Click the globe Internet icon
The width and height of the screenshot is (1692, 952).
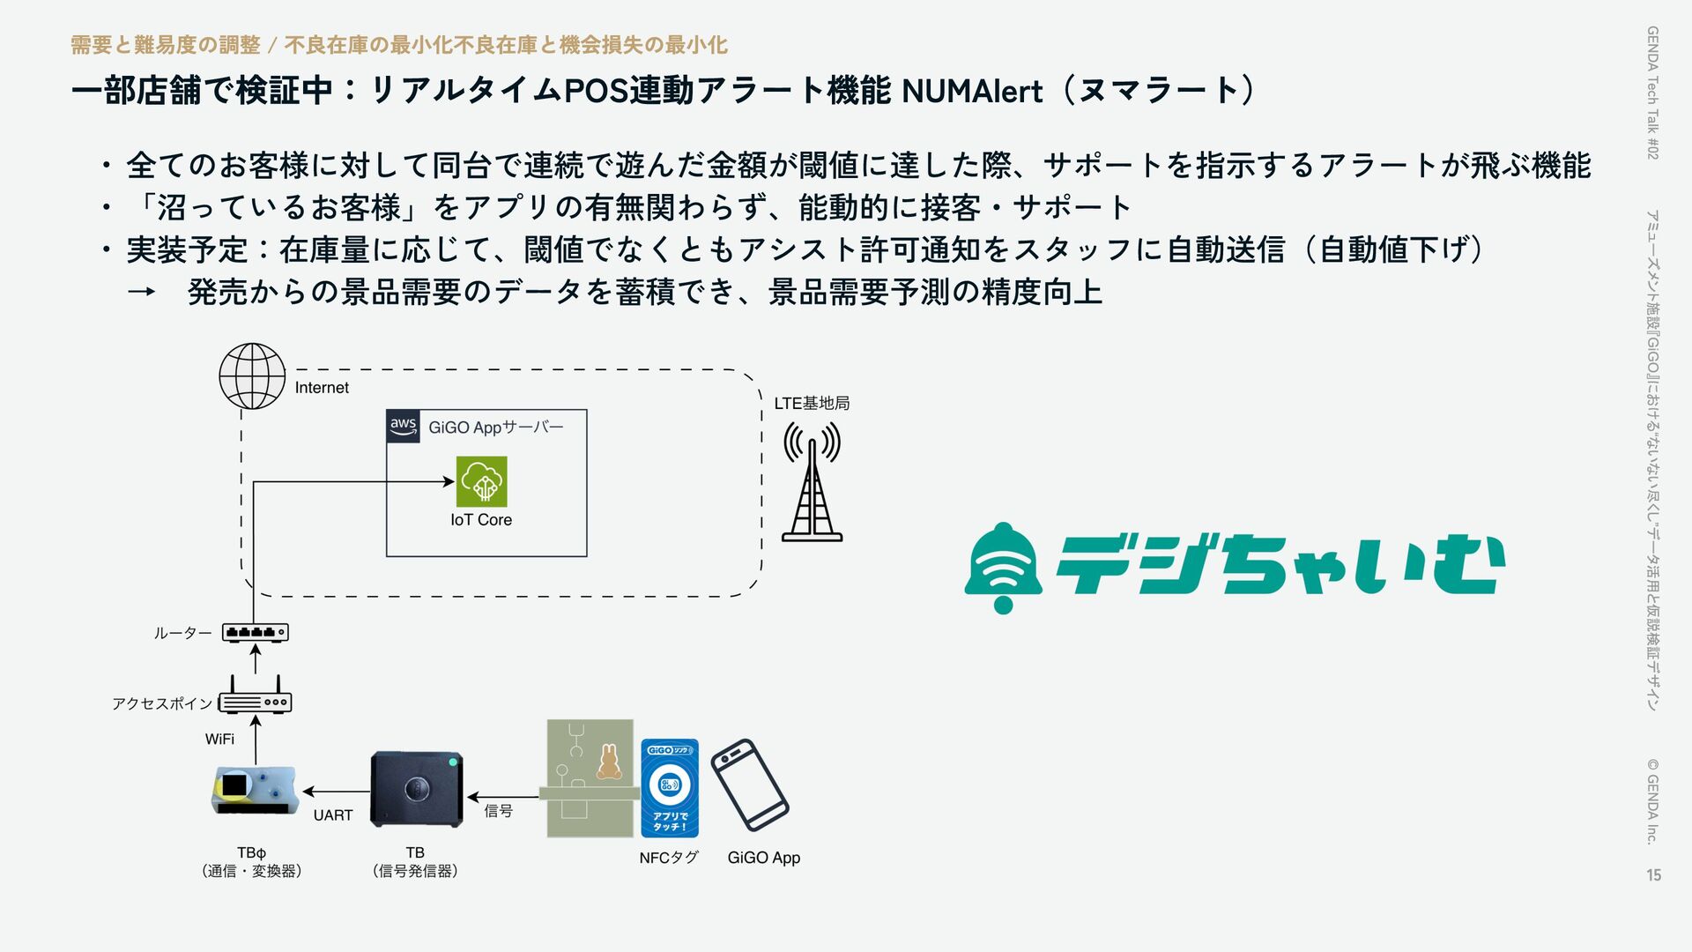[252, 376]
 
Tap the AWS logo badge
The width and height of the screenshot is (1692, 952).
[403, 426]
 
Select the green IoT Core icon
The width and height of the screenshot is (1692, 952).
[481, 481]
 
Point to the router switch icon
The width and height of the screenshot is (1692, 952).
[255, 632]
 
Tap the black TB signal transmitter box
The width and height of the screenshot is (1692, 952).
[416, 789]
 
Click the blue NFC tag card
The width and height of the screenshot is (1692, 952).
[670, 788]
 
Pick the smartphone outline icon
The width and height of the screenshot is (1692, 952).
[750, 785]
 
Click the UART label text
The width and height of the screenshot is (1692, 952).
[333, 815]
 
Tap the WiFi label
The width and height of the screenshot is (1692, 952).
[219, 739]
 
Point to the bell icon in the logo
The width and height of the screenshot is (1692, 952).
[1003, 567]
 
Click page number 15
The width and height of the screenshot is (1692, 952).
[1653, 874]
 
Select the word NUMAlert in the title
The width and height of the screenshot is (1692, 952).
[972, 91]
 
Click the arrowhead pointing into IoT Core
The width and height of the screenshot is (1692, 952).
[449, 481]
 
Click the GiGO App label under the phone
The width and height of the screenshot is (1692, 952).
[764, 858]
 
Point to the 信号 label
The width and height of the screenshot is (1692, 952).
[498, 811]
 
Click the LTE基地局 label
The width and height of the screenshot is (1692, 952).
[812, 404]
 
